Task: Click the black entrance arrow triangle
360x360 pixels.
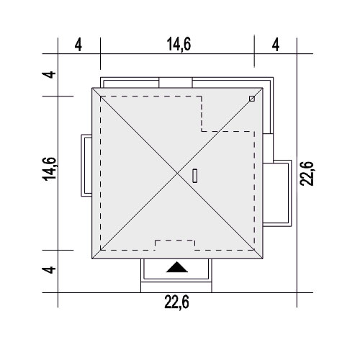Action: [x=177, y=268]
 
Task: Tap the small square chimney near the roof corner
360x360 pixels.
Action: [x=252, y=99]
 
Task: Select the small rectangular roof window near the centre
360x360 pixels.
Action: [x=195, y=176]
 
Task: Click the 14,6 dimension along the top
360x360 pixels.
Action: [x=179, y=44]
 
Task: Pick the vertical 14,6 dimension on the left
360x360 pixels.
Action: [x=49, y=168]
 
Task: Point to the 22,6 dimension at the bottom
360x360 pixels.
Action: [x=177, y=302]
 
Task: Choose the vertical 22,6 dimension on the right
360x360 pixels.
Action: [x=307, y=174]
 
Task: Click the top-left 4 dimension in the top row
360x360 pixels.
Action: [x=78, y=45]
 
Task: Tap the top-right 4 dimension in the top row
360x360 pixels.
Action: [x=276, y=45]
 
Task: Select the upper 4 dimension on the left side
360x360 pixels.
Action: [x=49, y=75]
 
